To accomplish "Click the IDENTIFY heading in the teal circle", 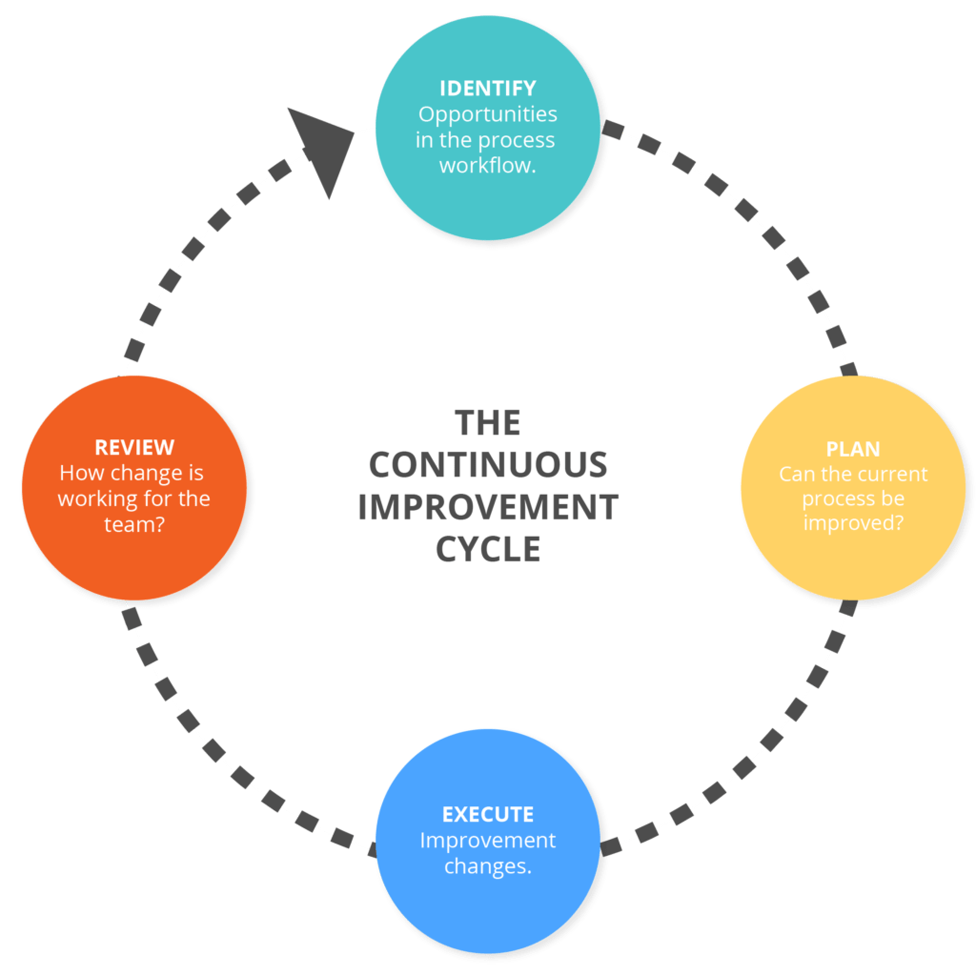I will pos(487,90).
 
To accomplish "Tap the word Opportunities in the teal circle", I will pos(487,115).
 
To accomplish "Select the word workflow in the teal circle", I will pos(485,166).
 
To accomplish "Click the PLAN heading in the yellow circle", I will pos(853,449).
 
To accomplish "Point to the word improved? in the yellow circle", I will pos(853,523).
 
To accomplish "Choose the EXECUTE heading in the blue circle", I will pos(487,815).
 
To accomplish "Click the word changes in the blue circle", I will pos(489,866).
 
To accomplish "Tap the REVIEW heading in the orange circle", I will pos(134,447).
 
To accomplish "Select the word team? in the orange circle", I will pos(134,523).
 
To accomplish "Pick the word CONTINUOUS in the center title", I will pos(487,465).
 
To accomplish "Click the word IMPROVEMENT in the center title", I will pos(487,507).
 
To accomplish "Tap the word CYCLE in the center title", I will pos(487,550).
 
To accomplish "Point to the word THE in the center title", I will pos(487,422).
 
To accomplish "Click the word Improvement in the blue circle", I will pos(487,841).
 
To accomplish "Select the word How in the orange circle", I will pos(78,473).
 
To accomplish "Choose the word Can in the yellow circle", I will pos(795,474).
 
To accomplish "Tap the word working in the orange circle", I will pos(91,498).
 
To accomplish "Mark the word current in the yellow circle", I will pos(893,474).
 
